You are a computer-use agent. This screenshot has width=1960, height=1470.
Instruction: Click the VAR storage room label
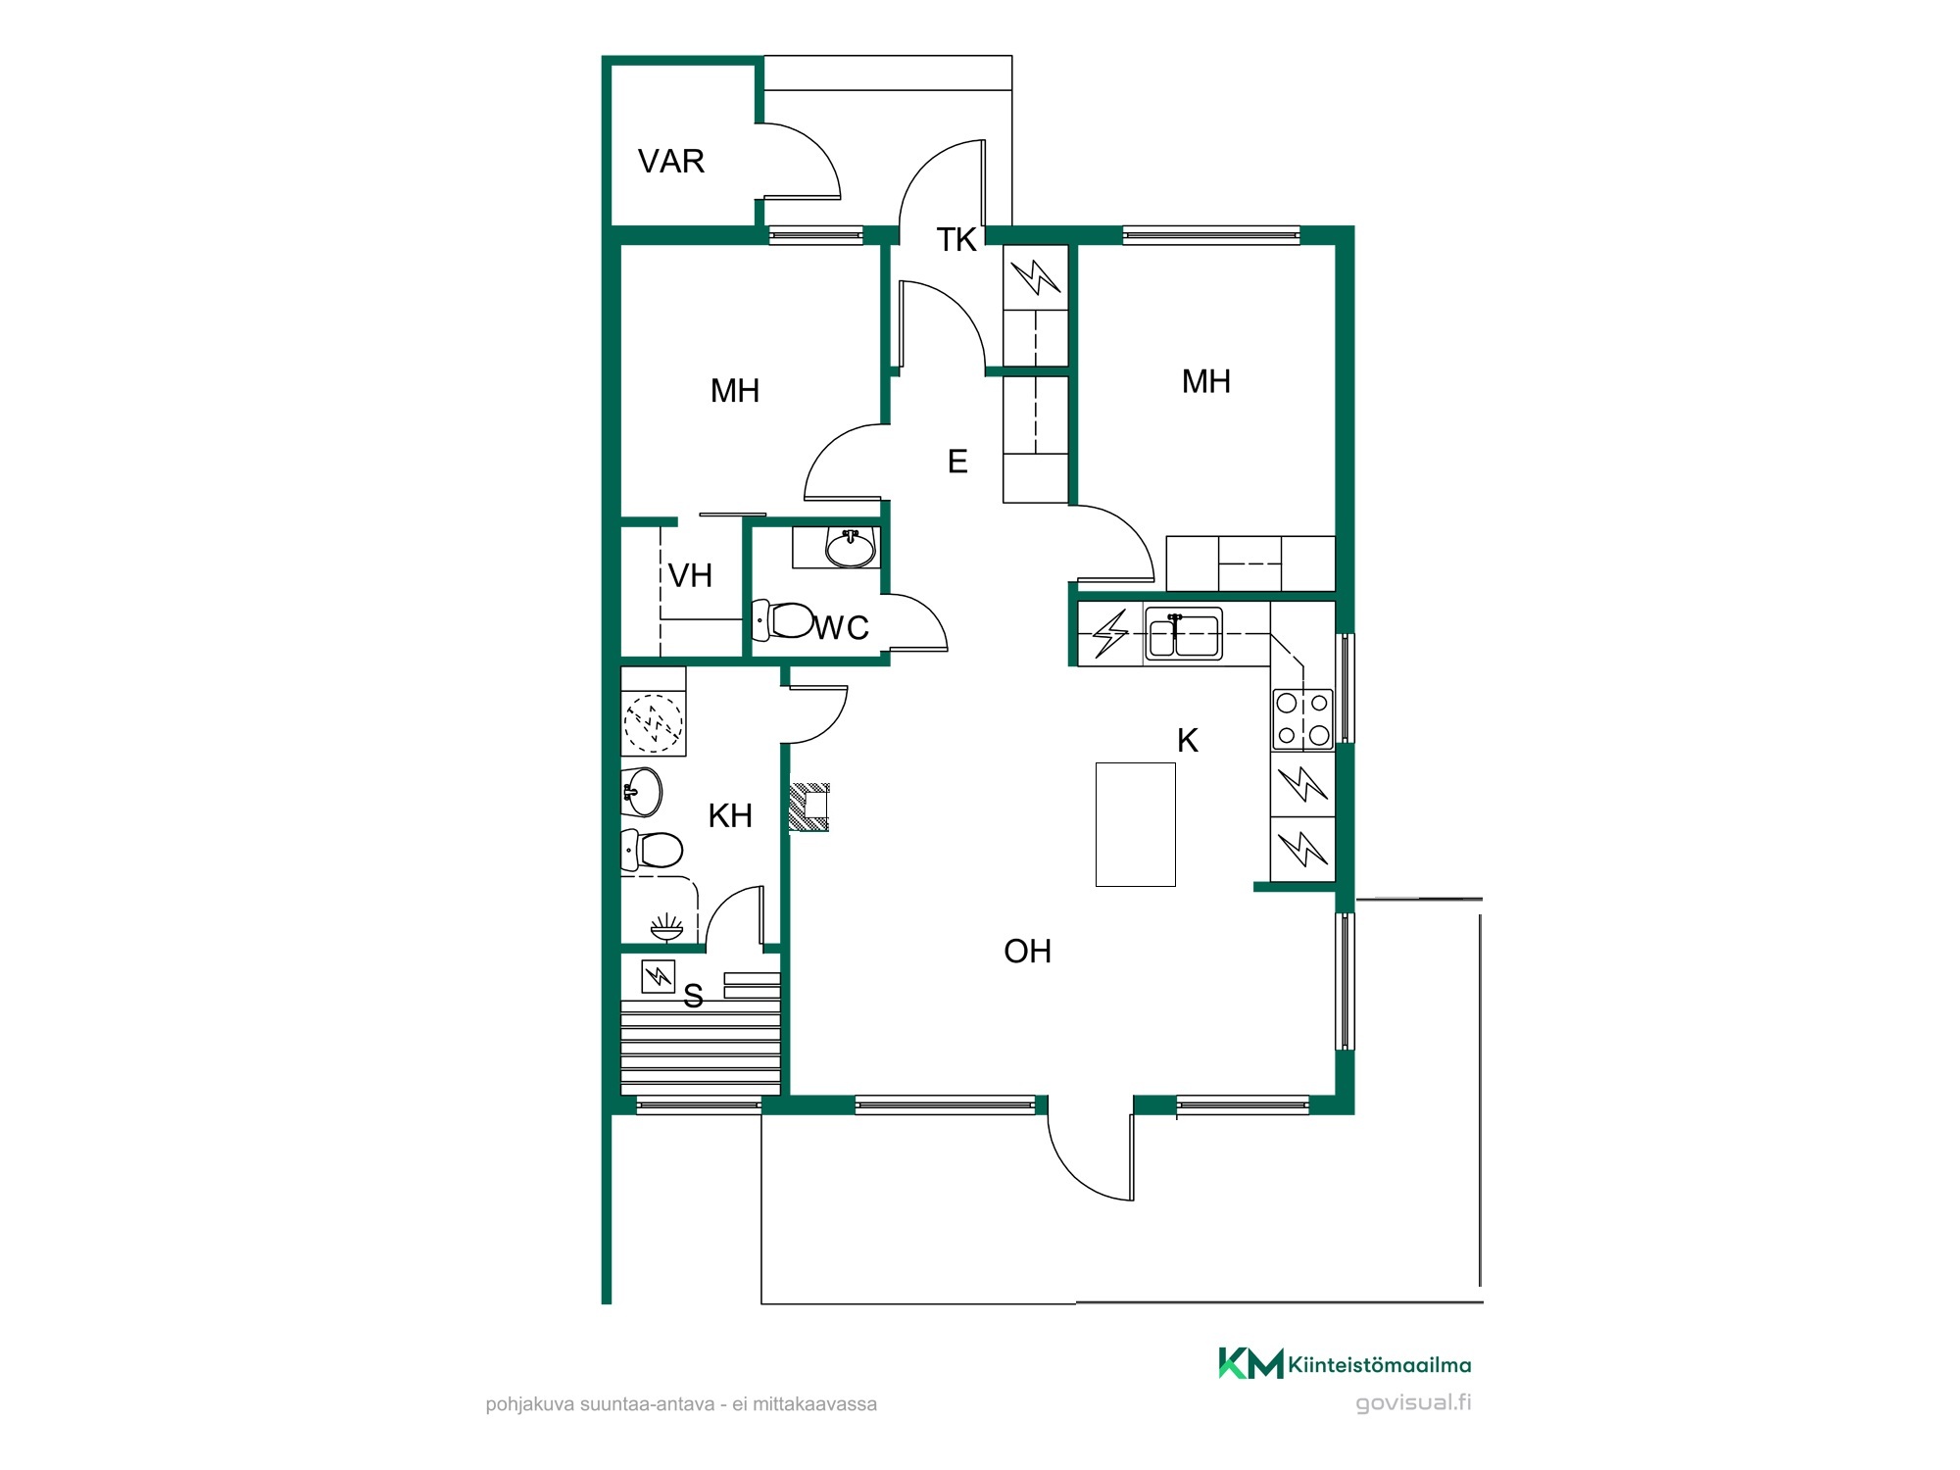coord(671,161)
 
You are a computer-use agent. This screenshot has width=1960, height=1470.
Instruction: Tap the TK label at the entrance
coord(956,239)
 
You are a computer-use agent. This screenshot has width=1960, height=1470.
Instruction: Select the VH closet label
coord(690,575)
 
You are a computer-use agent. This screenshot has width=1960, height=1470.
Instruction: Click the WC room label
coord(842,627)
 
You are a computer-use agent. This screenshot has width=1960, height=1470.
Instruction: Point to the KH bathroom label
coord(730,815)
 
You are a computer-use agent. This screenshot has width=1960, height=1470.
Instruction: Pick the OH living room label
coord(1027,951)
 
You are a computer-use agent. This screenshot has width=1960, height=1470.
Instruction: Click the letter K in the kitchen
coord(1188,741)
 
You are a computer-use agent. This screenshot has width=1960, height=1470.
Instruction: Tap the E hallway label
coord(957,461)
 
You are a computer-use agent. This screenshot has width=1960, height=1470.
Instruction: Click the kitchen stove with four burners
coord(1302,718)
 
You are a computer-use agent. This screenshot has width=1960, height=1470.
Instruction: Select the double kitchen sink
coord(1184,633)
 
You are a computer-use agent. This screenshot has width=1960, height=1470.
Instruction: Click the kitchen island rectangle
coord(1135,824)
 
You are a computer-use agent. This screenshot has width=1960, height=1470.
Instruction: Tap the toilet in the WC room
coord(783,619)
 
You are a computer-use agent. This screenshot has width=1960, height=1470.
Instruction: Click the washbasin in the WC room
coord(850,548)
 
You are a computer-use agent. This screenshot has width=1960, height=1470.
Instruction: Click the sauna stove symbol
coord(658,976)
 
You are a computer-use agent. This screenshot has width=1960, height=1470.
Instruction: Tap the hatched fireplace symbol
coord(809,808)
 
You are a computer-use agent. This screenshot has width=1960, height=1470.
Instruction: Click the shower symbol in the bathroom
coord(666,926)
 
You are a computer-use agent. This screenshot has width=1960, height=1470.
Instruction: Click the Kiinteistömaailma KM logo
coord(1345,1363)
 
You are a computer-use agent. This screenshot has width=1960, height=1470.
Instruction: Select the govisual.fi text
coord(1413,1402)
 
